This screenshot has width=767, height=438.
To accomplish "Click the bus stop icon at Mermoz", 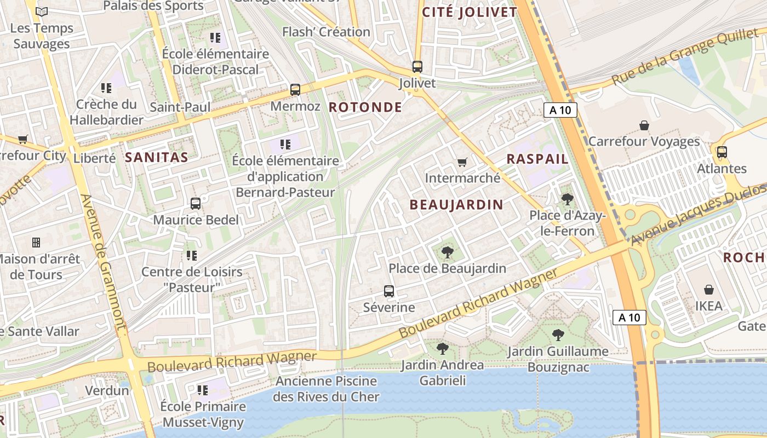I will click(295, 89).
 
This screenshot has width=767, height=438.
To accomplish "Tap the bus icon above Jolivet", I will click(417, 67).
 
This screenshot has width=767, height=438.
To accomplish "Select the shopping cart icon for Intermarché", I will click(462, 163).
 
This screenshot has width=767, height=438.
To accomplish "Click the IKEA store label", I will click(709, 306).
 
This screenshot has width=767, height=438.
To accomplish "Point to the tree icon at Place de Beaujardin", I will click(447, 252).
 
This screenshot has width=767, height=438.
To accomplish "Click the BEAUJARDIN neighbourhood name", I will click(456, 205).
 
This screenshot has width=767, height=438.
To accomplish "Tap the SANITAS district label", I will click(157, 158).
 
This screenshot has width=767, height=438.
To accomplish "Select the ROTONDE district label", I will click(365, 107).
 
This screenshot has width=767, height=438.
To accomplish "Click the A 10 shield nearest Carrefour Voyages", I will click(560, 110).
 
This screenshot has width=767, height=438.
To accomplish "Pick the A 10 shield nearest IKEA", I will click(629, 317).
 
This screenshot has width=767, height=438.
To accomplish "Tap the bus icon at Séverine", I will click(389, 291).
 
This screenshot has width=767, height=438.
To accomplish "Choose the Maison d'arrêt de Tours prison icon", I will click(36, 242).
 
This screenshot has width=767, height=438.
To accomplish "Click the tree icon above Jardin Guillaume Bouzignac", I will click(558, 335).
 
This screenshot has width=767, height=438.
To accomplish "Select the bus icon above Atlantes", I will click(722, 152).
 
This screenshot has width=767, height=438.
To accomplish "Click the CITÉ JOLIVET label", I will click(470, 12).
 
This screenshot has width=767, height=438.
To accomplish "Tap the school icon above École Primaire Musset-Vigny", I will click(203, 390).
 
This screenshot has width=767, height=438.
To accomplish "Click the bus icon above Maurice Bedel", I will click(196, 204).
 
